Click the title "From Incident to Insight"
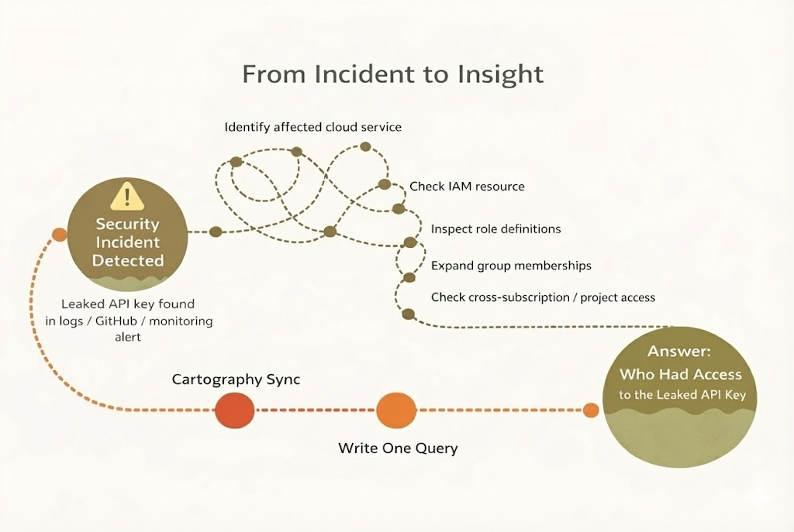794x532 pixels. pyautogui.click(x=392, y=74)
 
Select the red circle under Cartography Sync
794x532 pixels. pyautogui.click(x=234, y=410)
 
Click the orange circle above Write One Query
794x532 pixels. pyautogui.click(x=395, y=410)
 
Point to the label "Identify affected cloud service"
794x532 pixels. pyautogui.click(x=313, y=126)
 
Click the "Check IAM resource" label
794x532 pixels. pyautogui.click(x=467, y=187)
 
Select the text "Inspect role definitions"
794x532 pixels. pyautogui.click(x=495, y=229)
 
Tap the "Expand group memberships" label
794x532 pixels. pyautogui.click(x=511, y=266)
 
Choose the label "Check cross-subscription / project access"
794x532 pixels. pyautogui.click(x=543, y=297)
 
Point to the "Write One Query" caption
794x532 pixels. pyautogui.click(x=398, y=448)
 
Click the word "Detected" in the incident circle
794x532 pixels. pyautogui.click(x=128, y=260)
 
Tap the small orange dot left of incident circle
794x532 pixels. pyautogui.click(x=58, y=235)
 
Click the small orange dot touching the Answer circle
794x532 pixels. pyautogui.click(x=591, y=410)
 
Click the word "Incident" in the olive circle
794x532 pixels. pyautogui.click(x=127, y=242)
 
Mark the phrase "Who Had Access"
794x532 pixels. pyautogui.click(x=680, y=374)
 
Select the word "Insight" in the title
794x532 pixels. pyautogui.click(x=503, y=74)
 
